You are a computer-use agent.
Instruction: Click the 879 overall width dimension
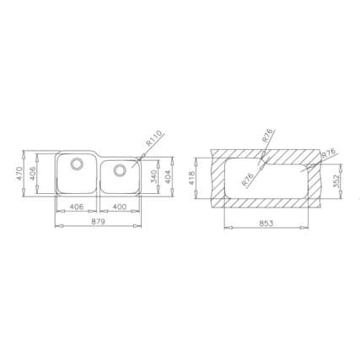pos(98,222)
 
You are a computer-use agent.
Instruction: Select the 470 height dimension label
pos(19,174)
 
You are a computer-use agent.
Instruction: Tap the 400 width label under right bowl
pos(120,207)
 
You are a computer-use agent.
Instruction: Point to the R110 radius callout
pos(154,138)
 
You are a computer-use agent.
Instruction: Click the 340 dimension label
pos(153,176)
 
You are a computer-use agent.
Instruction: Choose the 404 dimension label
pos(168,176)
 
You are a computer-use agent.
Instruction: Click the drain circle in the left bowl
pos(77,164)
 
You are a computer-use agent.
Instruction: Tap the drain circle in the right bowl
pos(120,170)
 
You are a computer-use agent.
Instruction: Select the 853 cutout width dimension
pos(266,223)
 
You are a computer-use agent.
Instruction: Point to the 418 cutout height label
pos(192,178)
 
